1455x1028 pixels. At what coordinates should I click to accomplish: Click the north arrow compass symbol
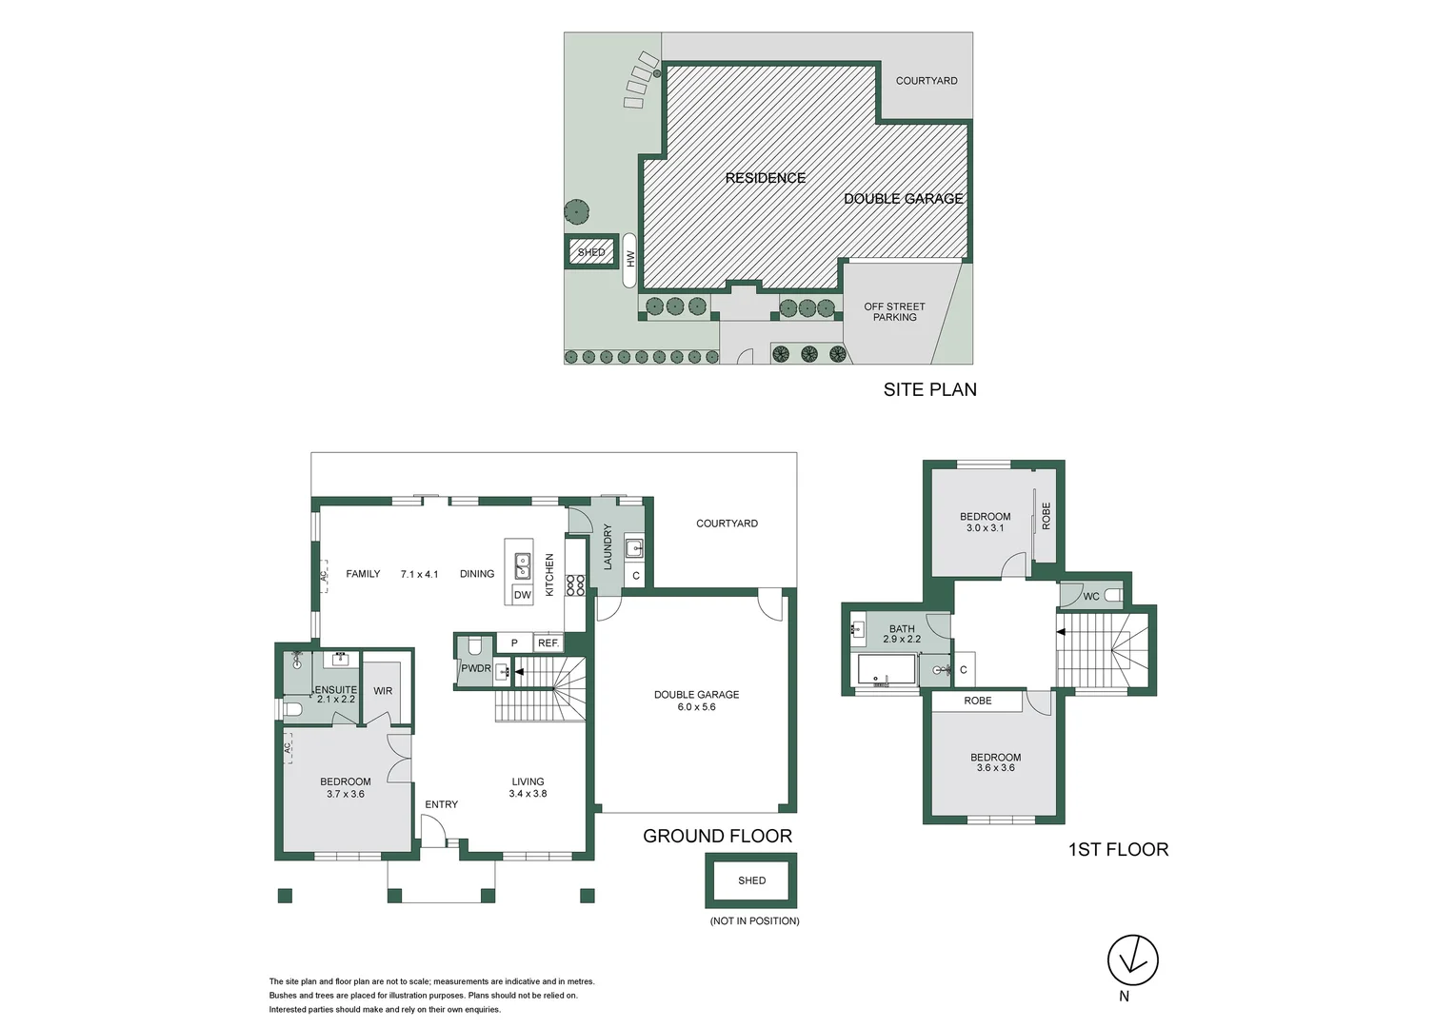1132,959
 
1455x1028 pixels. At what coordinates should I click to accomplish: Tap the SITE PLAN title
929,389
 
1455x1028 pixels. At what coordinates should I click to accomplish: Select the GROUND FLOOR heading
717,836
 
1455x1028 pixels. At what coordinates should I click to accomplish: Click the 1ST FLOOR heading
1118,849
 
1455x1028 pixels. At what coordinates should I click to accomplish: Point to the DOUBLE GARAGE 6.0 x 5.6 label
696,701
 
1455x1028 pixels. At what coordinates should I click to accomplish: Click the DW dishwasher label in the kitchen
522,595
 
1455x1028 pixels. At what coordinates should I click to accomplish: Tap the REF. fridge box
548,643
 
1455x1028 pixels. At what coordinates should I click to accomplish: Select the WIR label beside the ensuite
383,691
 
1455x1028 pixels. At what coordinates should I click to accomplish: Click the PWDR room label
475,668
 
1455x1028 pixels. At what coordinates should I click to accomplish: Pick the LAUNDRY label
608,547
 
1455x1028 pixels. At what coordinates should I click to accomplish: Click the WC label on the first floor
1091,597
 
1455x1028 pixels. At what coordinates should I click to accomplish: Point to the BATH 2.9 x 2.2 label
902,634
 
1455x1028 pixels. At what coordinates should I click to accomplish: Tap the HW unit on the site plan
629,260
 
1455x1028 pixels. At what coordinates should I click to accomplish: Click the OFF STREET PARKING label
894,312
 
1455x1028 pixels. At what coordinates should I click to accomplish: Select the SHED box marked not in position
751,880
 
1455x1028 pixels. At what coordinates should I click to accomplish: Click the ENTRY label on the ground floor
441,804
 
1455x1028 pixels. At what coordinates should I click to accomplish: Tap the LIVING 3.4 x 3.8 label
528,787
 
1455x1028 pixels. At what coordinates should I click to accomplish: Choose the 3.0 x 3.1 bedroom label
985,523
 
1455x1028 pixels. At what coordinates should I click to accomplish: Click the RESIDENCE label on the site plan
765,178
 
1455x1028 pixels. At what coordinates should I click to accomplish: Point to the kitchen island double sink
522,566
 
